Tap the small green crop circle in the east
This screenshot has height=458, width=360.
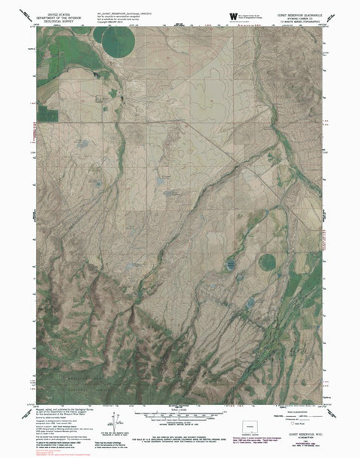click(268, 264)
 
